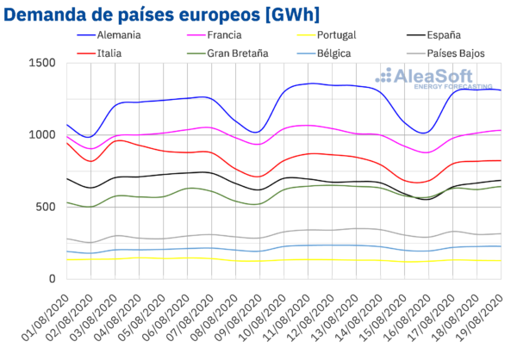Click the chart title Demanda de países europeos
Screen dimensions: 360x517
[x=129, y=15]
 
